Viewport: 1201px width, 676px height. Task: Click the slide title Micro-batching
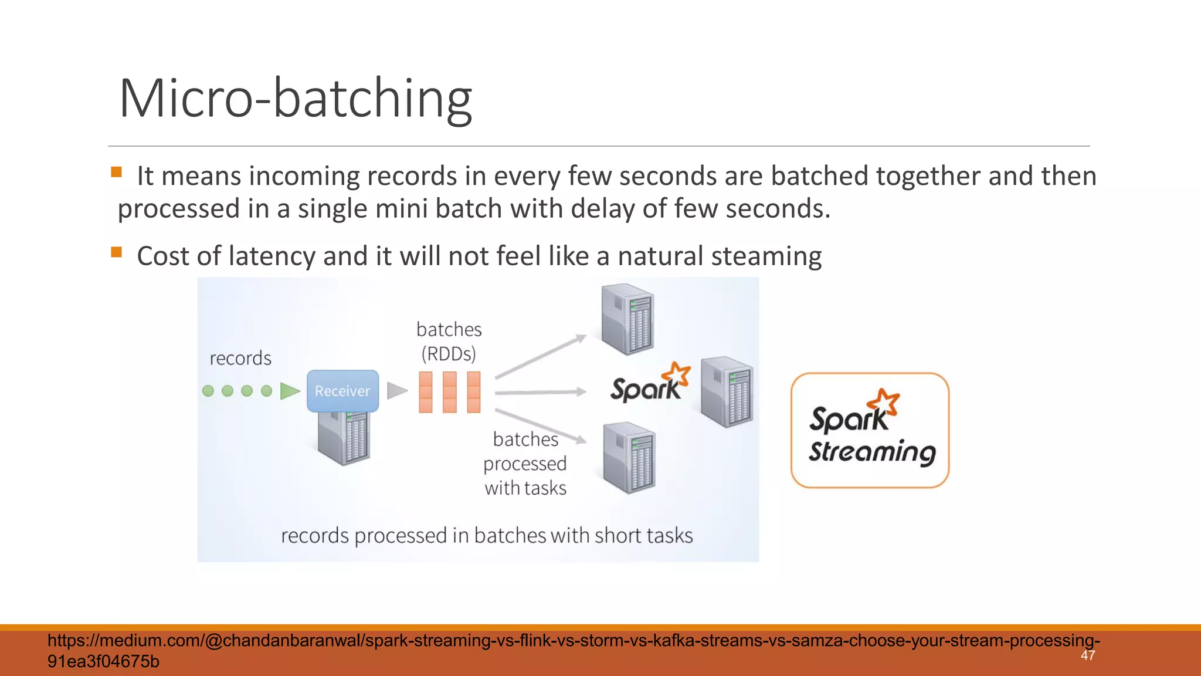point(295,99)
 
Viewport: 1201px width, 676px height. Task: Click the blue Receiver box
point(342,391)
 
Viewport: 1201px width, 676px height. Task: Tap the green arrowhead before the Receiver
point(289,391)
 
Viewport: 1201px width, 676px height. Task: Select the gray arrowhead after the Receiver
point(397,391)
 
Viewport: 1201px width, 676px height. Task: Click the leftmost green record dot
point(208,391)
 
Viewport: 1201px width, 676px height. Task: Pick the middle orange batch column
point(450,392)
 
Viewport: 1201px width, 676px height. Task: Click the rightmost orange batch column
point(474,392)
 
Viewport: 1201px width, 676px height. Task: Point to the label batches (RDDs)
point(449,342)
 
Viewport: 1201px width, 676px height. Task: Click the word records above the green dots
point(240,358)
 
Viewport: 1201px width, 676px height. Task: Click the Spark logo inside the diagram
point(649,384)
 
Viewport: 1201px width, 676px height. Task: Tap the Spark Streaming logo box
point(870,430)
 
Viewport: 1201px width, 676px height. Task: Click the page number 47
point(1088,655)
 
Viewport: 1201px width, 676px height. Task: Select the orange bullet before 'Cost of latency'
point(116,252)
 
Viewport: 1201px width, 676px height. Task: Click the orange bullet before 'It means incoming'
point(116,172)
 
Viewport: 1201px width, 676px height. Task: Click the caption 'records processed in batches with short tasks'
point(487,535)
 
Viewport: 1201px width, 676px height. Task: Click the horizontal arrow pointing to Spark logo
point(540,392)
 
